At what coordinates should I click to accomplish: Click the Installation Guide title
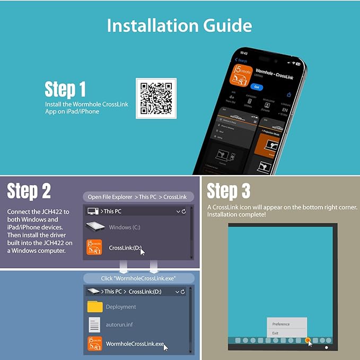[x=179, y=25]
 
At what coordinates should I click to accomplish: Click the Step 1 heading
[x=65, y=89]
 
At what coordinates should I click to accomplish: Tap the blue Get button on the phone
[x=257, y=87]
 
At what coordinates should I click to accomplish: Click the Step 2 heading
[x=29, y=191]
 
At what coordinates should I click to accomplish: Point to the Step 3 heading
[x=229, y=191]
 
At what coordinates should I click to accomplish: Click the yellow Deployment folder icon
[x=95, y=306]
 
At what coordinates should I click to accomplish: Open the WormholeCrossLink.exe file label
[x=135, y=344]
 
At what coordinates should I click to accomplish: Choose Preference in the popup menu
[x=281, y=324]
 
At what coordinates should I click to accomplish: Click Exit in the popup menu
[x=275, y=333]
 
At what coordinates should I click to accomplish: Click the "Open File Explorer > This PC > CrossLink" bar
[x=138, y=197]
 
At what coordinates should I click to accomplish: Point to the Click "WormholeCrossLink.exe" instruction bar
[x=138, y=278]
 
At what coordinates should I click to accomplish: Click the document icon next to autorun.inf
[x=94, y=324]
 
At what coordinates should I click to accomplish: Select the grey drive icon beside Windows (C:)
[x=95, y=227]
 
